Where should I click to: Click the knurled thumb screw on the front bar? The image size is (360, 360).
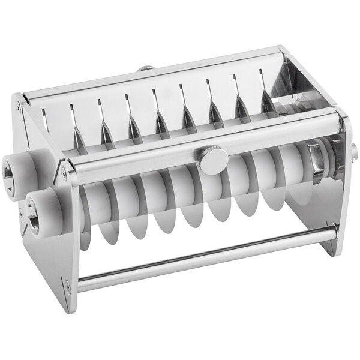tap(214, 160)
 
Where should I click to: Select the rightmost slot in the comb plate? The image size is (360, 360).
tap(262, 76)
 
